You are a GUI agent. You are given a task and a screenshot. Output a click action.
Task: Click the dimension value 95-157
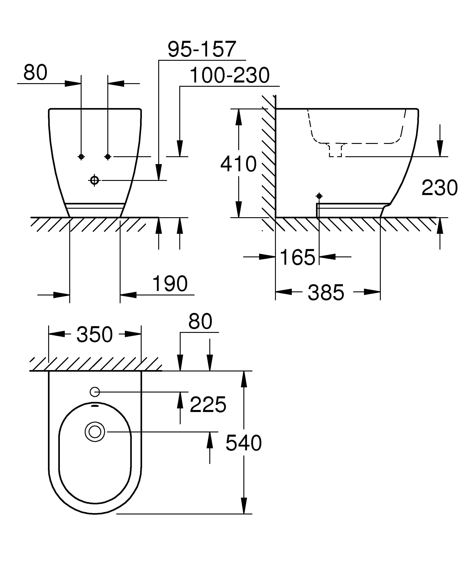coord(201,49)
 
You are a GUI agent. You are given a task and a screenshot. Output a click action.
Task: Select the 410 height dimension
coord(238,164)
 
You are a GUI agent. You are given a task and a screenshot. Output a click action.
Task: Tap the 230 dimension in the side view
coord(440,188)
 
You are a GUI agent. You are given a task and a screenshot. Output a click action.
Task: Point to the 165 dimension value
coord(297,257)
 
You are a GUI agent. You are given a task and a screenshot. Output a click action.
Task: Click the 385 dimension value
coord(326,293)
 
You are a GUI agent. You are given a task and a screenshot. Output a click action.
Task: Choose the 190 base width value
coord(170,284)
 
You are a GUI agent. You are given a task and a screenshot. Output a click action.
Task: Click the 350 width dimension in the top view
coord(94,334)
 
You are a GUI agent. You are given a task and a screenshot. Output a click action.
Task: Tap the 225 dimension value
coord(208,405)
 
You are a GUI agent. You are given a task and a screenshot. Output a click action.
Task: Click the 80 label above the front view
coord(35,72)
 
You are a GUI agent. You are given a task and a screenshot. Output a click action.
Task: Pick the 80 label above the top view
coord(200,321)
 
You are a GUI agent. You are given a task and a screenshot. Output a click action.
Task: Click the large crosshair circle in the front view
coord(94,180)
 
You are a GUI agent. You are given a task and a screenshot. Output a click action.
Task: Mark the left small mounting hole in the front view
coord(81,157)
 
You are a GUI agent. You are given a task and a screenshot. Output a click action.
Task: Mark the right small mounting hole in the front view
coord(108,157)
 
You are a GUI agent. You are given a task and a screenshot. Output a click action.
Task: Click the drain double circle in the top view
coord(95,432)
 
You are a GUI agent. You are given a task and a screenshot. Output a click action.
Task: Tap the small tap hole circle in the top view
coord(95,392)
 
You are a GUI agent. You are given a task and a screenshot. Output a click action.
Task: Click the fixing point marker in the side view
coord(319,196)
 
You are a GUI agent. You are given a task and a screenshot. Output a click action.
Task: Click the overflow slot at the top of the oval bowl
coord(95,405)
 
